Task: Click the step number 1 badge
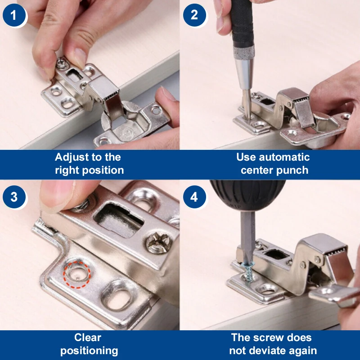pyautogui.click(x=14, y=15)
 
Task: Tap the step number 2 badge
pyautogui.click(x=194, y=15)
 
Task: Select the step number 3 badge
pyautogui.click(x=14, y=197)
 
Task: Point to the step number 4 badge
pyautogui.click(x=194, y=197)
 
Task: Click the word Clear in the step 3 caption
pyautogui.click(x=87, y=337)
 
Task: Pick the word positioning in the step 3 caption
pyautogui.click(x=89, y=351)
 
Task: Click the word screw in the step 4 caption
pyautogui.click(x=266, y=338)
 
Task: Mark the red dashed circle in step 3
pyautogui.click(x=77, y=274)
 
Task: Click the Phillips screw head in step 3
pyautogui.click(x=159, y=243)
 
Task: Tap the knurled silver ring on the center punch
pyautogui.click(x=244, y=53)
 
